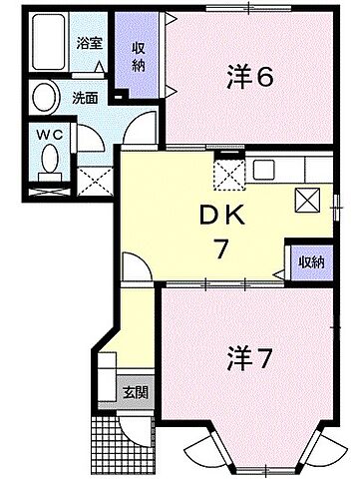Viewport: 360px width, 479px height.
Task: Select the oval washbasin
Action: [44, 98]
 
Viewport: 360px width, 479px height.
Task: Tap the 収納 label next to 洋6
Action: [138, 58]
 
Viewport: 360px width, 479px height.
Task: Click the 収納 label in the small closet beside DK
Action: [309, 262]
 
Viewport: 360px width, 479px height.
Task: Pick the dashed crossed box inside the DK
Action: [228, 176]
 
